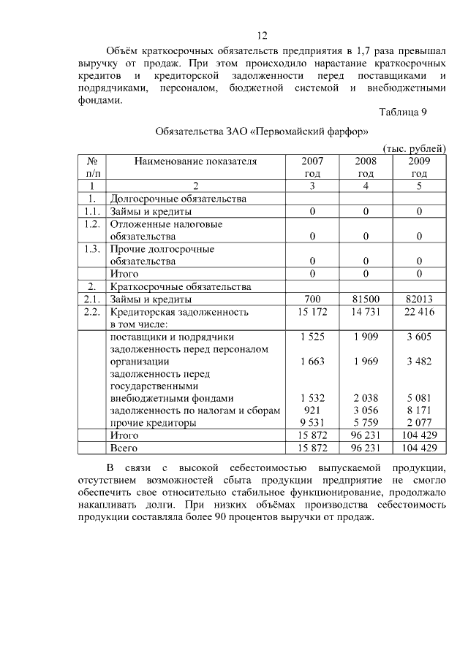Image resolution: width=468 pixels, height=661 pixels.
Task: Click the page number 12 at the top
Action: pos(263,36)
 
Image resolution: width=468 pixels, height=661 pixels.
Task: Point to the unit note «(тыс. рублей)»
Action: pos(414,149)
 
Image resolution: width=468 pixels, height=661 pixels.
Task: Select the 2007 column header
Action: pos(312,167)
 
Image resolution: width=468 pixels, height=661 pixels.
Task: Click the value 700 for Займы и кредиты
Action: pos(312,299)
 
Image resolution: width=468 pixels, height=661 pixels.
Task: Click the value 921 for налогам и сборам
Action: pos(312,410)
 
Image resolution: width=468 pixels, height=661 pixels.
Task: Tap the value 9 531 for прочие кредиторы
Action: pos(312,423)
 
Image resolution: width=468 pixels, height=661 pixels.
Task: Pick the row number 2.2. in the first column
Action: pos(92,312)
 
